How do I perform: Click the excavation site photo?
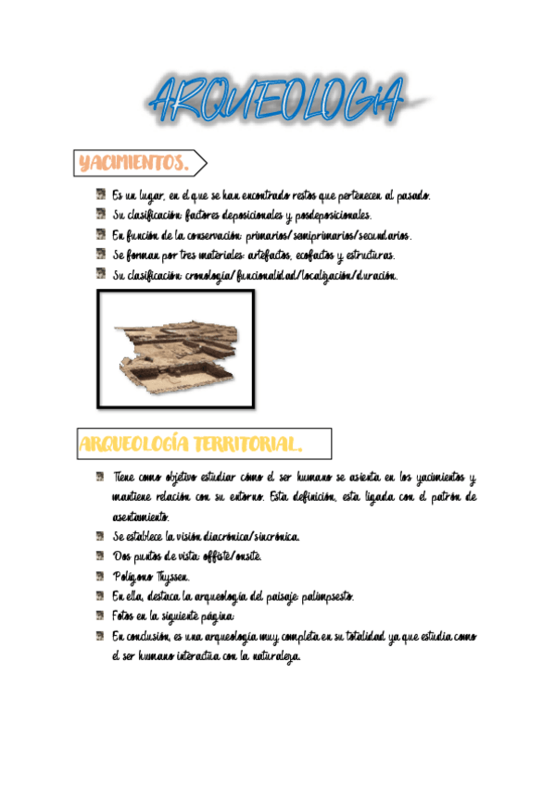pos(176,349)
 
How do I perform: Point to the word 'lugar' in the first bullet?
pos(151,196)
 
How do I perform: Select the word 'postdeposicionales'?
pos(317,216)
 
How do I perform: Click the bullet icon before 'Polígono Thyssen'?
pos(99,575)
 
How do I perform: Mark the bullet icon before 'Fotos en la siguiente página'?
pos(99,615)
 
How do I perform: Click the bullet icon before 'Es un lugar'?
pos(99,195)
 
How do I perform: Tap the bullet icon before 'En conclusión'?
pos(99,635)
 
